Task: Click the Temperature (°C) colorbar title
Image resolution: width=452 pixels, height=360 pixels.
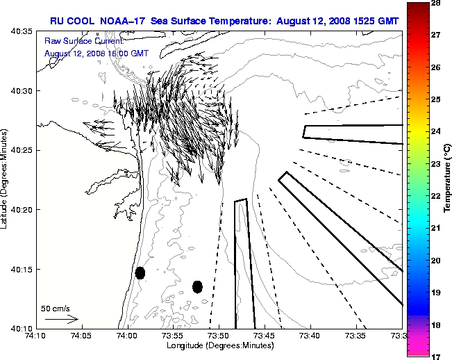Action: [448, 179]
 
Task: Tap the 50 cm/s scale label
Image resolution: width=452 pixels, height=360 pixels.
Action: [56, 308]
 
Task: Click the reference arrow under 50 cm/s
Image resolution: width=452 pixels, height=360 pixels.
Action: [61, 319]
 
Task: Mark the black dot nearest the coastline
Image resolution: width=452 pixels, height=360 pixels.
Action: [140, 272]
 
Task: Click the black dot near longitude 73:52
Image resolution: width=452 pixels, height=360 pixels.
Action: [197, 286]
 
